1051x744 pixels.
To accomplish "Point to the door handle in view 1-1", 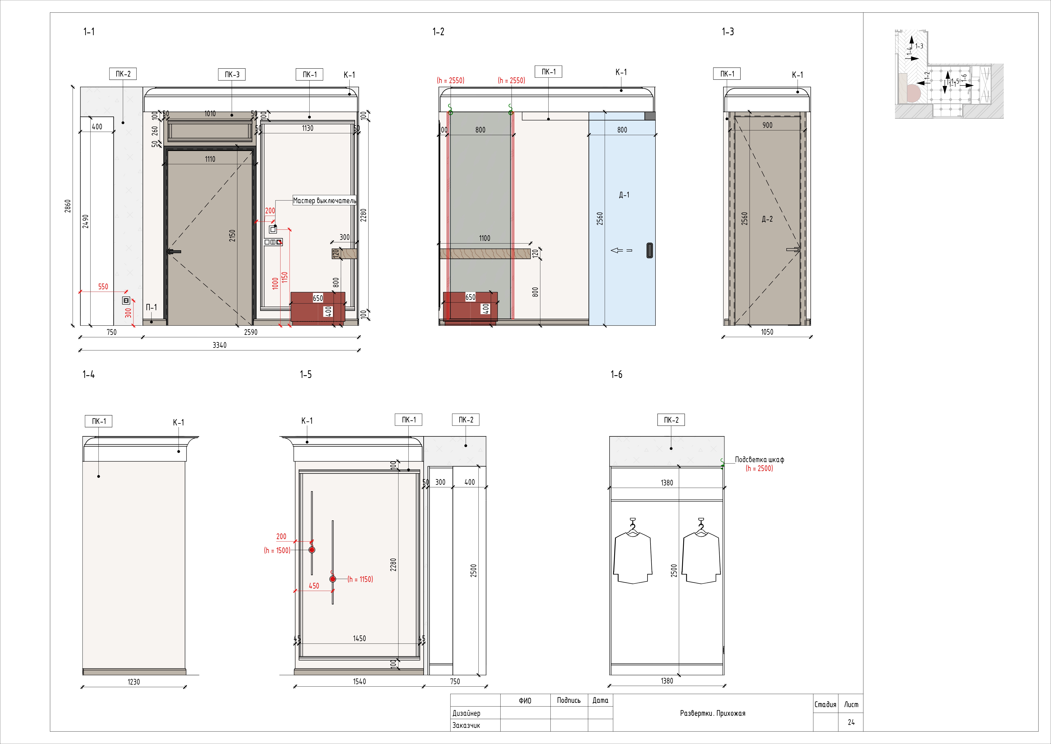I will tap(174, 252).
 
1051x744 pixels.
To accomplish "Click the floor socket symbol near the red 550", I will tap(126, 301).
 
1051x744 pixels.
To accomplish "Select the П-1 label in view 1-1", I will tap(151, 307).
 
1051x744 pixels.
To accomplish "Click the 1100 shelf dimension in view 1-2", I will tap(484, 238).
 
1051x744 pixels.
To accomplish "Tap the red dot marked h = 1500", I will tap(312, 550).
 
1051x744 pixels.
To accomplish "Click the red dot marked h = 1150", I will tap(333, 579).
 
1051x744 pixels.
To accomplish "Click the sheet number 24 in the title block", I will tap(851, 722).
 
